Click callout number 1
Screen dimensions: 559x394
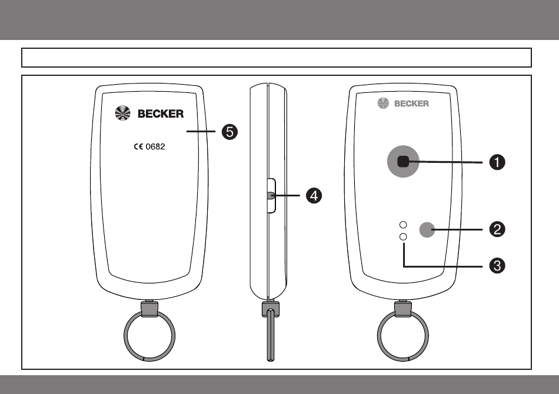point(497,162)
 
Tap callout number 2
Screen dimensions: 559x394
point(497,229)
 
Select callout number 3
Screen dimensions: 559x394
point(497,266)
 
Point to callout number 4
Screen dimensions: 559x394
point(314,196)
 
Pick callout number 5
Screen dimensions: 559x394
point(229,132)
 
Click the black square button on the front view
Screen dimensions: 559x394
point(403,162)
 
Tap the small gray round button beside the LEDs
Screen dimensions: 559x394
point(427,230)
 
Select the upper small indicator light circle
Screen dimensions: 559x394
point(403,225)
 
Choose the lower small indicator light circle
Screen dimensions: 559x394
point(403,236)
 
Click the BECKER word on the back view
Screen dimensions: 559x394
point(161,113)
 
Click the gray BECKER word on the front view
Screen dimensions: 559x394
point(411,103)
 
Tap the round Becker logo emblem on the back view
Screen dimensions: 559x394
point(122,113)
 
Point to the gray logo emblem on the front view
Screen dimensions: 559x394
point(383,103)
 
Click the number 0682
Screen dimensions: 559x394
point(155,147)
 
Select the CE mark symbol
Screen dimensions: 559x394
point(138,147)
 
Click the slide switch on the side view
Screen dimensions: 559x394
point(271,196)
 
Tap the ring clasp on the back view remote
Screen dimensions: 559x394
point(149,309)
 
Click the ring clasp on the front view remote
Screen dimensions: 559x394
point(403,309)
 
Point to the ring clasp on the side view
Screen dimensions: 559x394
point(271,309)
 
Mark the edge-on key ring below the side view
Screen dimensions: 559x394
point(271,336)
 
